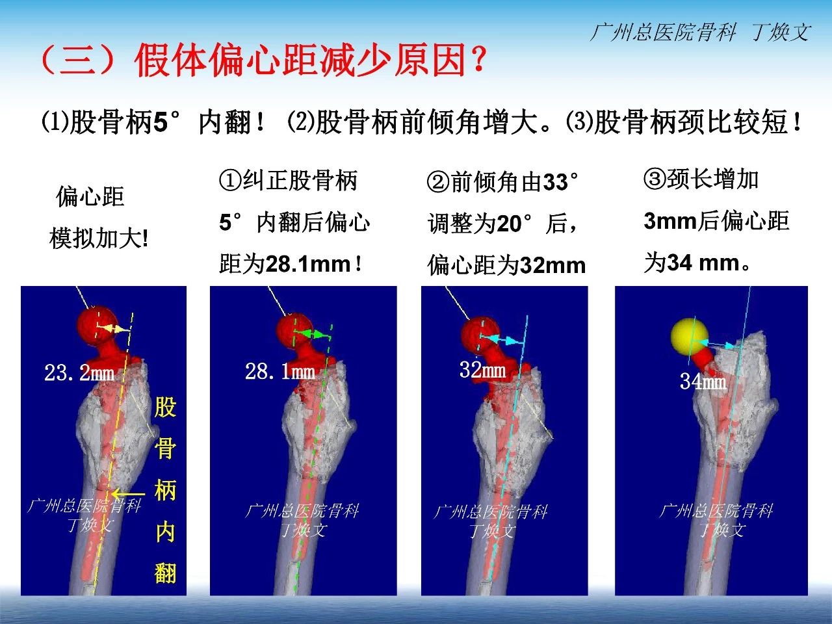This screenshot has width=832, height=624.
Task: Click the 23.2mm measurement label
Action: (79, 372)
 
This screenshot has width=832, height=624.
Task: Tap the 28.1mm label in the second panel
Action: (280, 371)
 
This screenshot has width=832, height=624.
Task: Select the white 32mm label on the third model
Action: (482, 369)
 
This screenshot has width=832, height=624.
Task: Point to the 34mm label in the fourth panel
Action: (703, 381)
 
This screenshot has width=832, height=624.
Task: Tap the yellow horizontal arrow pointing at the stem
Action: (129, 493)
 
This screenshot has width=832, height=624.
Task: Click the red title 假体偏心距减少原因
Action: (300, 60)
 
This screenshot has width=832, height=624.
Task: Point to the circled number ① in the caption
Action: (230, 180)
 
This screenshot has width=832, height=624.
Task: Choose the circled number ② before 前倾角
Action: (439, 182)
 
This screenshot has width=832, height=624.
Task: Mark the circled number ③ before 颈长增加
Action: (655, 179)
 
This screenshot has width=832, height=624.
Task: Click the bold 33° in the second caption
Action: (560, 182)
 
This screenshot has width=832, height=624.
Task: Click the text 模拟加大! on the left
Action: (99, 239)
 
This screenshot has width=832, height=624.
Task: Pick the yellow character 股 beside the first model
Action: (165, 408)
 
